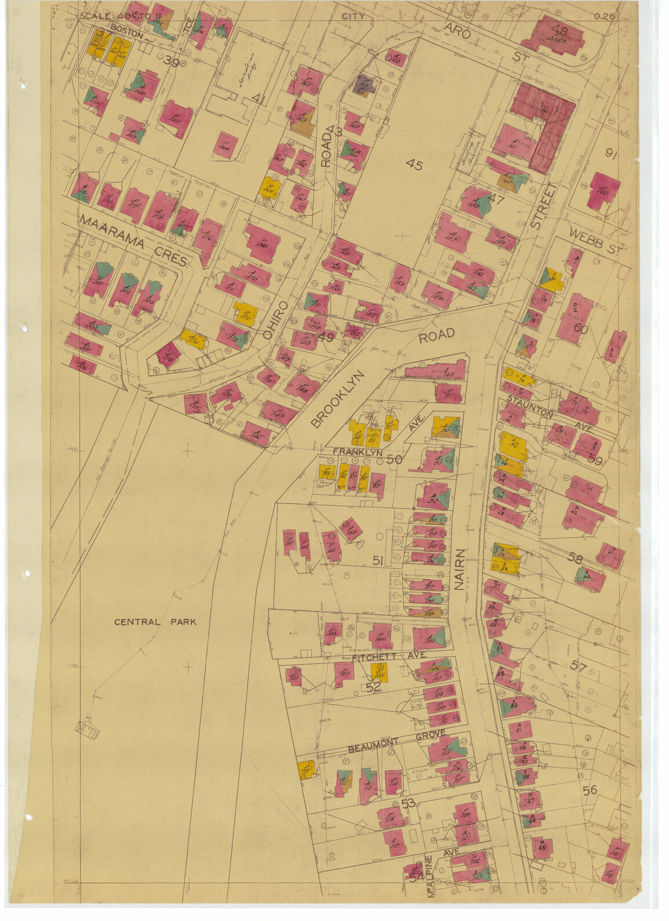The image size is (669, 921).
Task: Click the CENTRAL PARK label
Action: [x=155, y=622]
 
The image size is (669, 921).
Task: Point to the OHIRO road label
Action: [x=275, y=320]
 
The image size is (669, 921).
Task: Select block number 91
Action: [x=611, y=153]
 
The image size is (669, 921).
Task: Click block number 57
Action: [x=578, y=666]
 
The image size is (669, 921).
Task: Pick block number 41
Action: [x=259, y=100]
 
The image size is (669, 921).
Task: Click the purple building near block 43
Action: [x=364, y=85]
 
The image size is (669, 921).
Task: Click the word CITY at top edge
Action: [x=353, y=16]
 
